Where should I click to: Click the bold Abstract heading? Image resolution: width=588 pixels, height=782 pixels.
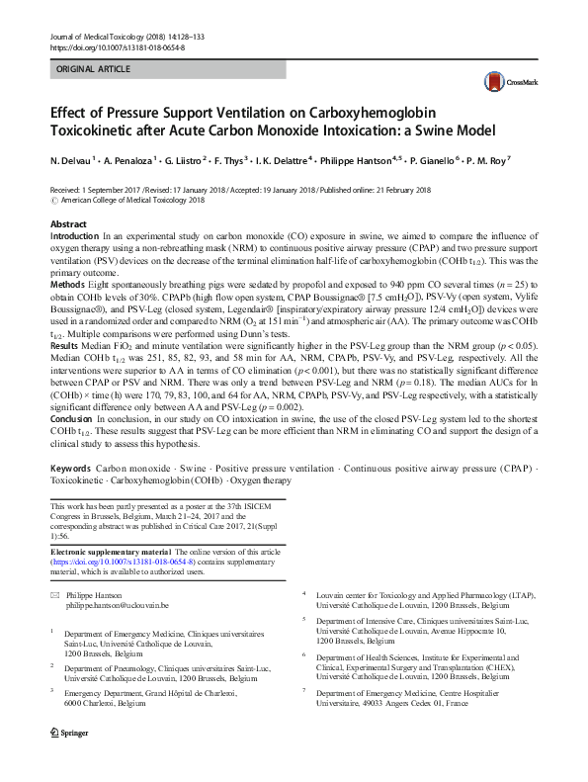pos(68,224)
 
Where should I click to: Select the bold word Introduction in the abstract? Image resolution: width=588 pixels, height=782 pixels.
pos(74,238)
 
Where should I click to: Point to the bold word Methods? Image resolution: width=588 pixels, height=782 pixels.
pos(67,284)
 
